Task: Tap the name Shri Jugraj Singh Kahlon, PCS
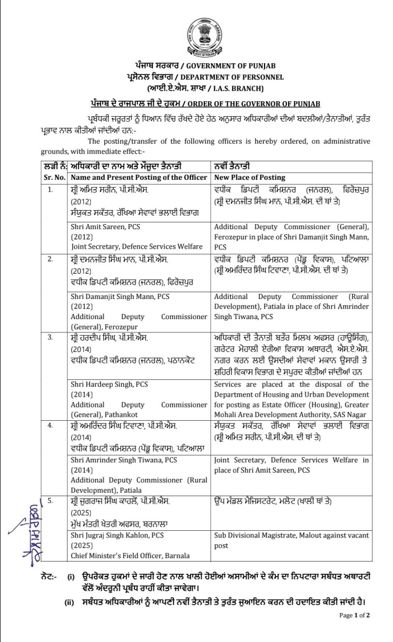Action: tap(117, 535)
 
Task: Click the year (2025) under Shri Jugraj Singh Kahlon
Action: tap(82, 545)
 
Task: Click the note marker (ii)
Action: tap(70, 602)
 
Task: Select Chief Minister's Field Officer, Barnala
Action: tap(130, 555)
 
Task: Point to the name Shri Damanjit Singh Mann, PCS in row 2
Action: tap(120, 296)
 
